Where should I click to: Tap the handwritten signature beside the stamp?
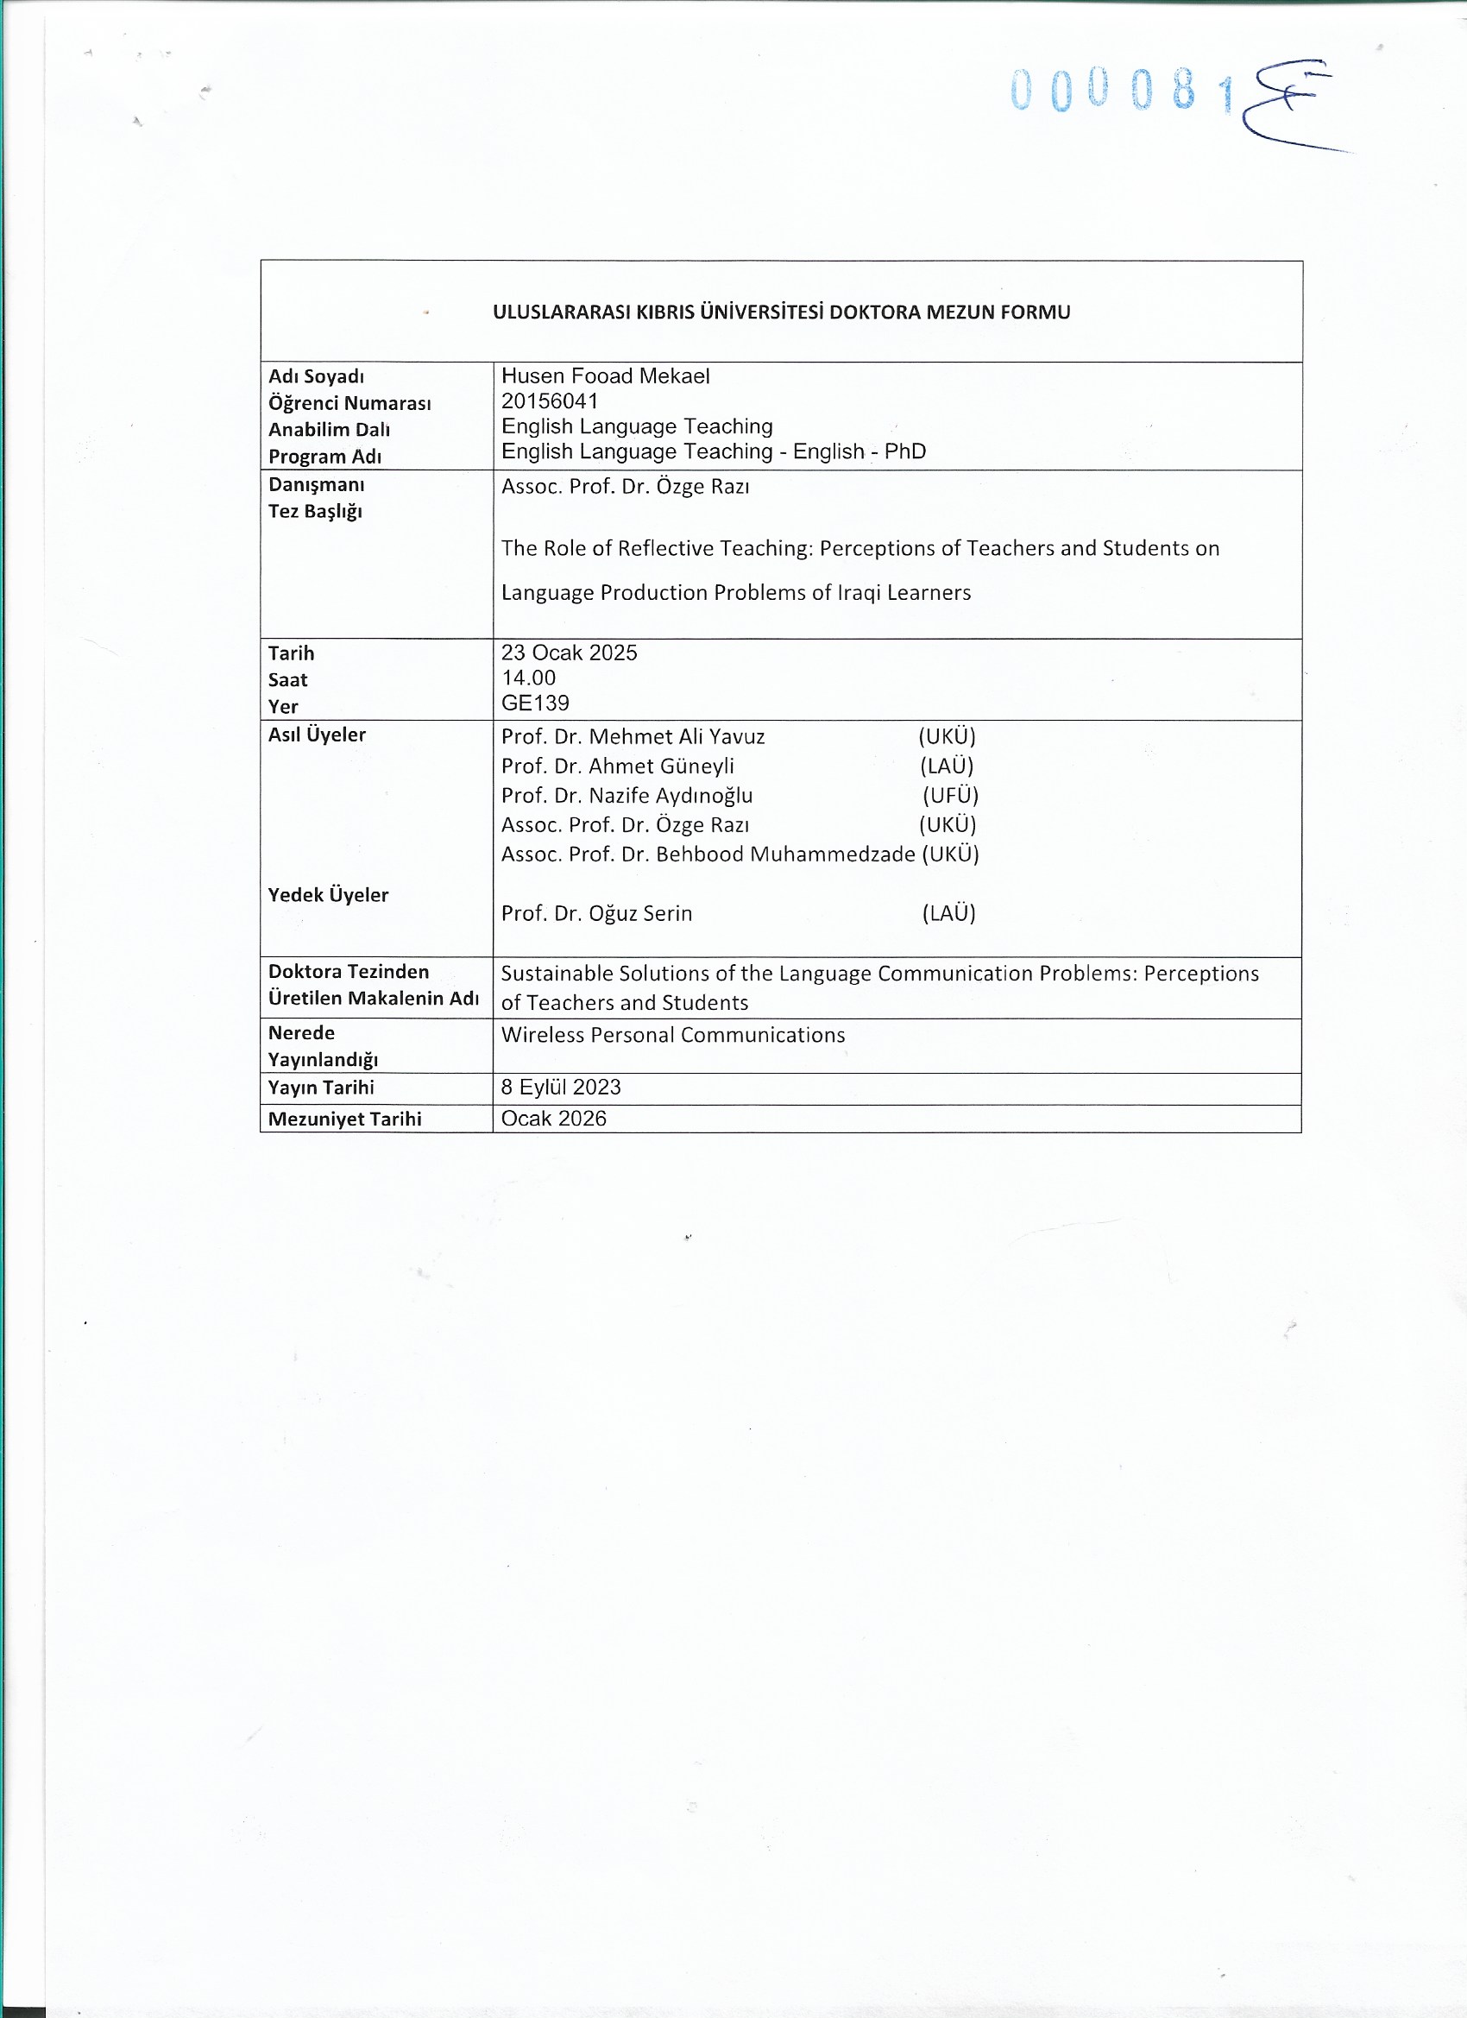[1290, 107]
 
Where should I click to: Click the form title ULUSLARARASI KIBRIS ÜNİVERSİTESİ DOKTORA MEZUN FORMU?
[781, 312]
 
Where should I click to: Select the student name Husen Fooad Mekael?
[605, 376]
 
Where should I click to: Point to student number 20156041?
[549, 401]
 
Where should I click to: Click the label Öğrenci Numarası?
[349, 403]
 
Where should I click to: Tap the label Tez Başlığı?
[315, 512]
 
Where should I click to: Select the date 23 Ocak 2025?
[569, 653]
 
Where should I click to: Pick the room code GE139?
[535, 703]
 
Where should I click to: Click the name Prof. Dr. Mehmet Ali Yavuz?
[633, 737]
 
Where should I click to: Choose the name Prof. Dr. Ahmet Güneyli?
[617, 766]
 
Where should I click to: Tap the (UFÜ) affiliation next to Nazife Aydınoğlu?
[950, 796]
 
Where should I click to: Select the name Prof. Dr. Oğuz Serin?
[596, 914]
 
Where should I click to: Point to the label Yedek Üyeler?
[328, 895]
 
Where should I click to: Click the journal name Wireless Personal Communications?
[672, 1036]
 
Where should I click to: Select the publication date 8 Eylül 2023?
[560, 1088]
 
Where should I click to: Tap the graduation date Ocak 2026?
[553, 1119]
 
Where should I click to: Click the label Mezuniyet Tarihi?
[344, 1119]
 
